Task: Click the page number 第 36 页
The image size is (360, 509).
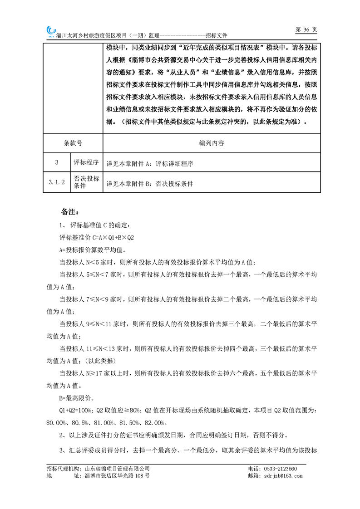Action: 306,29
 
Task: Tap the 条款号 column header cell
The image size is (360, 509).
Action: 73,143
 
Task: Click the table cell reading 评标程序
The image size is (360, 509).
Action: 86,162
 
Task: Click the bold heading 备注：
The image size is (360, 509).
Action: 70,212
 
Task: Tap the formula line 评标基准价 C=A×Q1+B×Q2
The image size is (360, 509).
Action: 97,237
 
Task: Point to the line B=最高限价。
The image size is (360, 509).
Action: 77,398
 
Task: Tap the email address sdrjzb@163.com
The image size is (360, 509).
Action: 282,476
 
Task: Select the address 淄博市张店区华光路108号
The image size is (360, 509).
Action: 117,476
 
